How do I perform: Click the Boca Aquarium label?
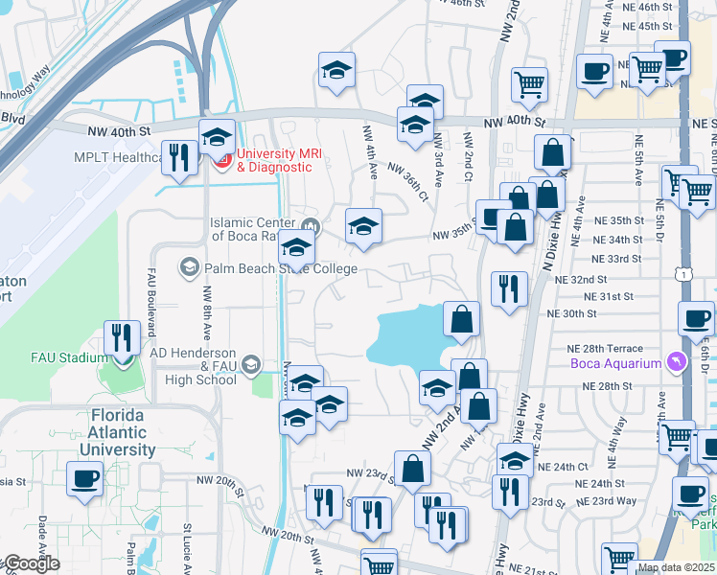click(x=615, y=362)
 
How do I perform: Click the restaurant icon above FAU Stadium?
click(x=121, y=335)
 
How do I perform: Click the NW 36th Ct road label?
click(x=407, y=180)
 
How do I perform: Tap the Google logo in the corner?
click(x=31, y=563)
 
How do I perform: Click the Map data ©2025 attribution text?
click(x=675, y=567)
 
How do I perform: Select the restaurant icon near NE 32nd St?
click(x=509, y=287)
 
